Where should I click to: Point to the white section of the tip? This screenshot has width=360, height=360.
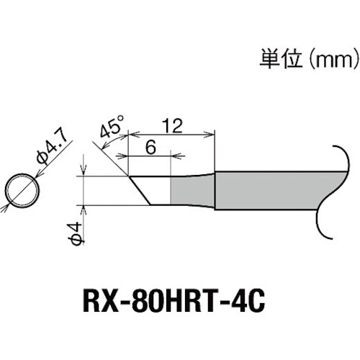click(x=155, y=189)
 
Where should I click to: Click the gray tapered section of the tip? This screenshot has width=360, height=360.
click(x=193, y=189)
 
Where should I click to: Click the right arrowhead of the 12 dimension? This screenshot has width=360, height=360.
click(x=212, y=133)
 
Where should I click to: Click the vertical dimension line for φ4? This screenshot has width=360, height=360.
click(x=85, y=189)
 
